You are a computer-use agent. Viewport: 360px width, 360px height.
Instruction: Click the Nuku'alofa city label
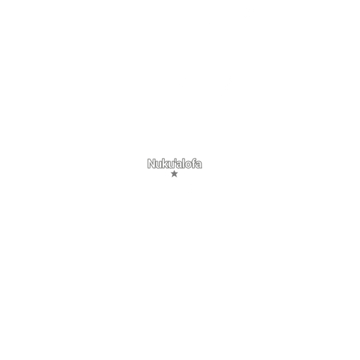coord(175,164)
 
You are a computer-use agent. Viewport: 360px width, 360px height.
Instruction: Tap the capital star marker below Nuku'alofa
coord(174,174)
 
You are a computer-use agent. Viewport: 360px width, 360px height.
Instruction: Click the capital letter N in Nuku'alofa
coord(152,164)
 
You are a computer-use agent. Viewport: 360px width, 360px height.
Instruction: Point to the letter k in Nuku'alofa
coord(166,163)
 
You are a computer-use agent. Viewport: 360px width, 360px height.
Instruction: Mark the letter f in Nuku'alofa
coord(195,163)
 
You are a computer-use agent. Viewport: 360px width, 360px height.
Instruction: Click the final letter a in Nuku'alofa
coord(199,165)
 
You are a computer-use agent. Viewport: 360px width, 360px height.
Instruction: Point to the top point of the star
coord(174,171)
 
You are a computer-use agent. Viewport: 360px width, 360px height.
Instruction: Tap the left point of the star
coord(171,173)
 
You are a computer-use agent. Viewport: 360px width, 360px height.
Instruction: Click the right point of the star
coord(178,173)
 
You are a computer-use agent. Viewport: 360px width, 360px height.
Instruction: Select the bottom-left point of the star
coord(172,177)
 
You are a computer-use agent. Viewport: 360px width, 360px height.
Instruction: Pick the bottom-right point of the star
coord(177,177)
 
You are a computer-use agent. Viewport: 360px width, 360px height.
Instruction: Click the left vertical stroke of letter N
coord(149,164)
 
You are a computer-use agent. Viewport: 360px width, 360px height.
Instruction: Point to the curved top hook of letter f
coord(195,159)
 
